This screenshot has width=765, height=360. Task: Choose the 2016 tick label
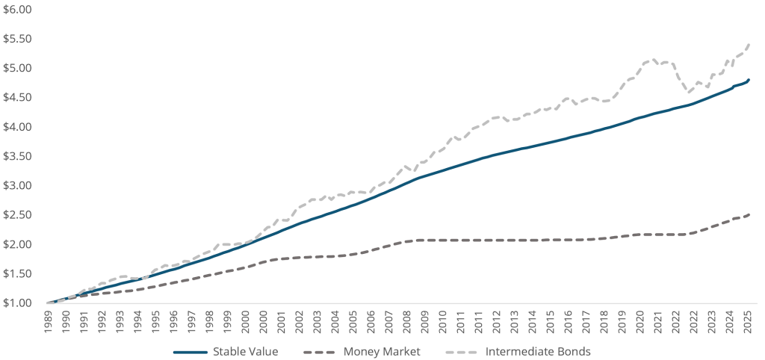pyautogui.click(x=568, y=323)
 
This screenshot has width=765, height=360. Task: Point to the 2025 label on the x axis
pyautogui.click(x=747, y=323)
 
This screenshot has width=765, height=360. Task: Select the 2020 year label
pyautogui.click(x=639, y=323)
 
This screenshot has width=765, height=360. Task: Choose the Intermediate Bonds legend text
pyautogui.click(x=539, y=351)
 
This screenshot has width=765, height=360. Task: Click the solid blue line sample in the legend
pyautogui.click(x=191, y=351)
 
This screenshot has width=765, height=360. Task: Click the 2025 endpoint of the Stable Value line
pyautogui.click(x=749, y=79)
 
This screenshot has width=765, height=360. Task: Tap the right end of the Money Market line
pyautogui.click(x=749, y=214)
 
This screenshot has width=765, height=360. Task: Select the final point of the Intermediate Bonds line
pyautogui.click(x=749, y=44)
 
